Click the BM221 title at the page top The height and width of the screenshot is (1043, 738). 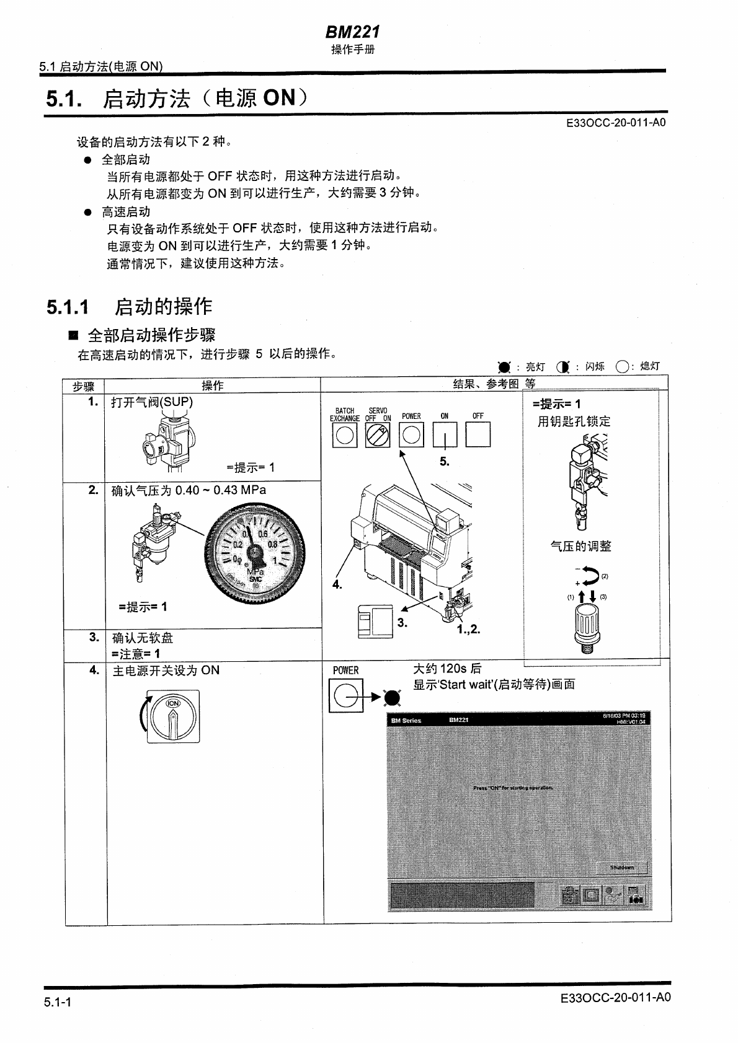pyautogui.click(x=352, y=32)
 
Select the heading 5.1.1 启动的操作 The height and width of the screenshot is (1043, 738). pyautogui.click(x=129, y=306)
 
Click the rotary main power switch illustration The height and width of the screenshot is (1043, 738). pyautogui.click(x=173, y=716)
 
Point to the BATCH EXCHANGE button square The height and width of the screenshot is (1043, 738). pyautogui.click(x=344, y=434)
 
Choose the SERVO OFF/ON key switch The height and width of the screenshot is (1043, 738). pyautogui.click(x=377, y=434)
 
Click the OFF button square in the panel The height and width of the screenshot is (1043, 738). pyautogui.click(x=478, y=434)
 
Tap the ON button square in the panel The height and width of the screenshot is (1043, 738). pyautogui.click(x=444, y=434)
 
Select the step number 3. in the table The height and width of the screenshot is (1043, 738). pyautogui.click(x=94, y=637)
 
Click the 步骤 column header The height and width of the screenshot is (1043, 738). pyautogui.click(x=84, y=386)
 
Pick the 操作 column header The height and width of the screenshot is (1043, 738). pyautogui.click(x=213, y=386)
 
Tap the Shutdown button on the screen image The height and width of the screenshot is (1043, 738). pyautogui.click(x=621, y=867)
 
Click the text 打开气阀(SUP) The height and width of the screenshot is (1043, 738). pyautogui.click(x=152, y=402)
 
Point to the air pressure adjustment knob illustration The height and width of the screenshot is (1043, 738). pyautogui.click(x=585, y=627)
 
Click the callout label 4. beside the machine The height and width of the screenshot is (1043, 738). pyautogui.click(x=337, y=584)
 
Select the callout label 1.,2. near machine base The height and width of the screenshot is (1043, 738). pyautogui.click(x=468, y=629)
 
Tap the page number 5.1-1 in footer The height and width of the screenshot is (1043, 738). pyautogui.click(x=58, y=1001)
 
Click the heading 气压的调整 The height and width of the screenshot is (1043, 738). pyautogui.click(x=580, y=546)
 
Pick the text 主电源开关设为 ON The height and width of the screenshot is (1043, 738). pyautogui.click(x=166, y=670)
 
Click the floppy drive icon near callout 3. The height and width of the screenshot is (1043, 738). pyautogui.click(x=375, y=622)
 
